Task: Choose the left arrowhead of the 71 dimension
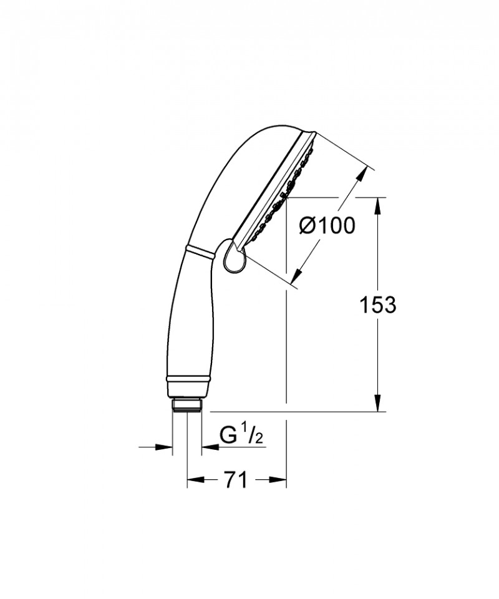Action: (x=194, y=480)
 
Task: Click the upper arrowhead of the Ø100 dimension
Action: (x=362, y=174)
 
